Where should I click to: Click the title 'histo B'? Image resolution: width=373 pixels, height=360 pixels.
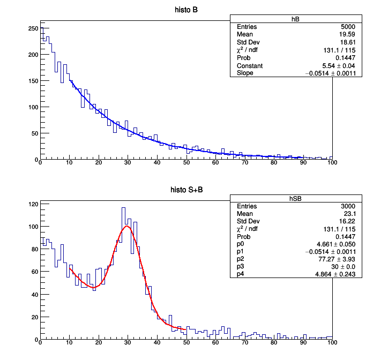(186, 10)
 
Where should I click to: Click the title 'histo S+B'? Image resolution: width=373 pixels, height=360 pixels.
(186, 190)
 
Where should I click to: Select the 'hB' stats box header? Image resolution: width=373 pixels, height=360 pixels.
(295, 19)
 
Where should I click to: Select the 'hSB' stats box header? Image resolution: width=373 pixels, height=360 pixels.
(295, 198)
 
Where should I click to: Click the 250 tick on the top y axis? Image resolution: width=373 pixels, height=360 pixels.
(33, 28)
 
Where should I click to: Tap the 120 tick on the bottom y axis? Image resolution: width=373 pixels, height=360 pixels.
(33, 204)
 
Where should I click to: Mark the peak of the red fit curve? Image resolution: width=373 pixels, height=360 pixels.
(127, 226)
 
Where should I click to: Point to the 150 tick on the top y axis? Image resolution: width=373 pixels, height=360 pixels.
(33, 81)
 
